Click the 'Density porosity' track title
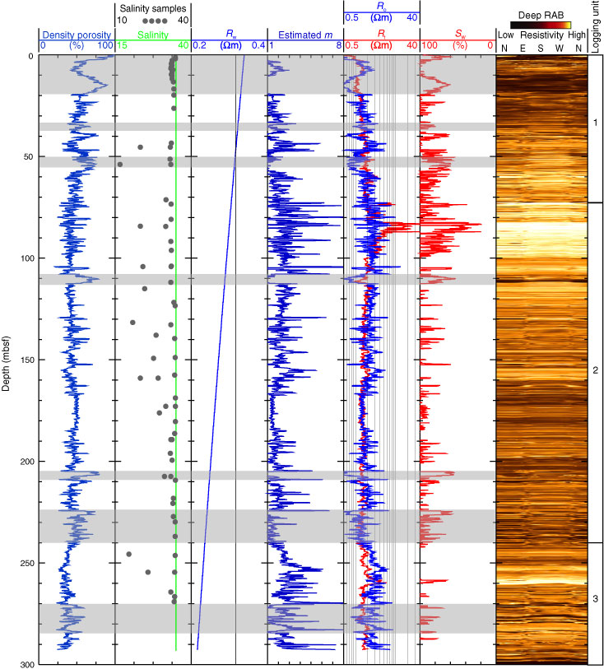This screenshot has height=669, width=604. point(74,35)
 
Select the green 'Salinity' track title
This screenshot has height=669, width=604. point(152,35)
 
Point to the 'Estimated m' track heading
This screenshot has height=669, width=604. point(305,35)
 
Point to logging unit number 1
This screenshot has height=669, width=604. point(595,122)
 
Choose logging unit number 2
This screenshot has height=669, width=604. point(595,371)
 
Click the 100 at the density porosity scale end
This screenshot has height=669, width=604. point(105,46)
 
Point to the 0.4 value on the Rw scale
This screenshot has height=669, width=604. point(258,46)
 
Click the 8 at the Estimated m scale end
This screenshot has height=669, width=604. point(339,46)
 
